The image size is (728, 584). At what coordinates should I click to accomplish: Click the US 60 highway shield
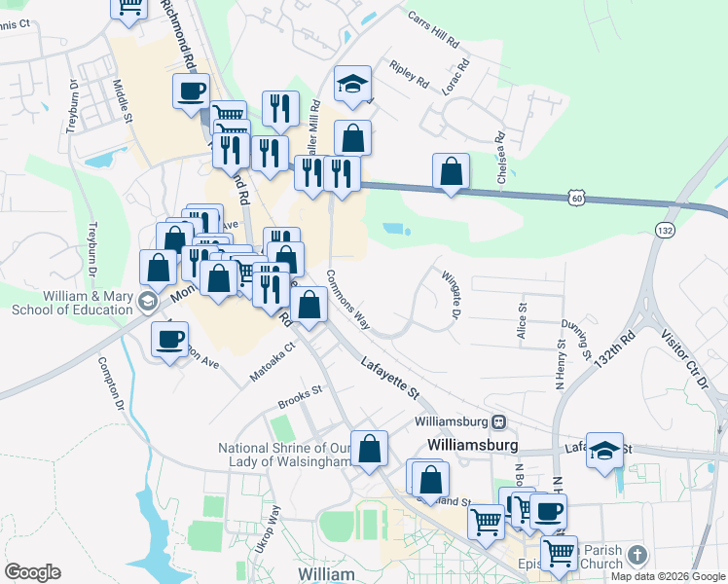tap(577, 198)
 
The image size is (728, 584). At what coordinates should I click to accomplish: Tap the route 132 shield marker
tap(665, 230)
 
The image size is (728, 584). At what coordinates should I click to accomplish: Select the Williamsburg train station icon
tap(498, 421)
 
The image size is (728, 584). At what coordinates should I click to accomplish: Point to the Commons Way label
tap(348, 299)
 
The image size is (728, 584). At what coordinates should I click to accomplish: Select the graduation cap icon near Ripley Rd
tap(352, 85)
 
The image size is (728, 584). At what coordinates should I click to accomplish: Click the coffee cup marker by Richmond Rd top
tap(191, 91)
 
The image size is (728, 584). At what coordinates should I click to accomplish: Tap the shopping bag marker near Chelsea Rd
tap(451, 171)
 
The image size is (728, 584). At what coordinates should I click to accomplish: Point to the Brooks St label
tap(299, 395)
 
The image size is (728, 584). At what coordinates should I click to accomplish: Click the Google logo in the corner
tap(32, 571)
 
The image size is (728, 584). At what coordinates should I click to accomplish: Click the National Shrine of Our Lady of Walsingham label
tap(284, 455)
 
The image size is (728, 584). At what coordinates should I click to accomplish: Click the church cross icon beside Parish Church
tap(637, 555)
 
